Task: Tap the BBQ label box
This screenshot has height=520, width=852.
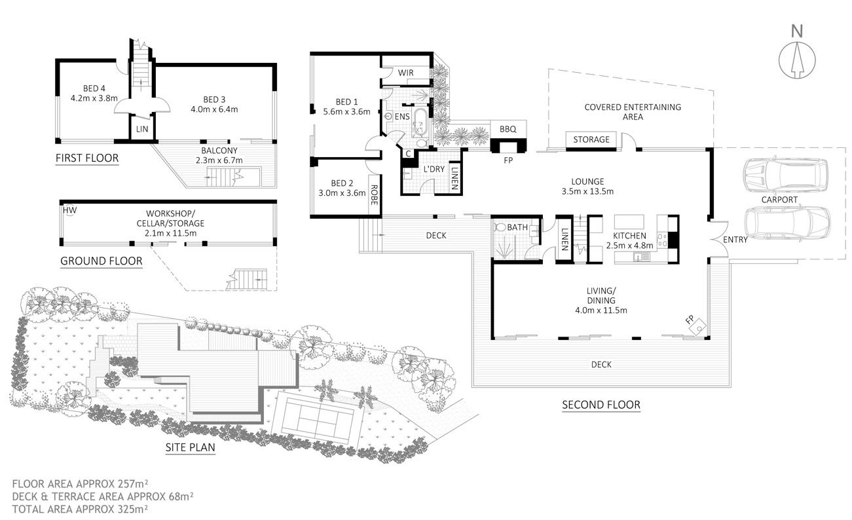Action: tap(508, 129)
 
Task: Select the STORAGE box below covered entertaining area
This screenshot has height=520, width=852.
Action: tap(591, 139)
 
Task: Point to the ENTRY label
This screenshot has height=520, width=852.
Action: tap(735, 240)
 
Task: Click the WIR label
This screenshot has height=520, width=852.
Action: tap(405, 71)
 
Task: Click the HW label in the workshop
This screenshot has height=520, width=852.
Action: tap(69, 210)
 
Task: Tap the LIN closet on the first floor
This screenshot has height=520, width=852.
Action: tap(141, 129)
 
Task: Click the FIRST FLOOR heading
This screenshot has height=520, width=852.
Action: tap(87, 158)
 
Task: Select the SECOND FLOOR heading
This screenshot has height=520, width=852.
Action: tap(601, 405)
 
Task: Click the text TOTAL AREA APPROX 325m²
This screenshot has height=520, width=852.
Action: tap(79, 508)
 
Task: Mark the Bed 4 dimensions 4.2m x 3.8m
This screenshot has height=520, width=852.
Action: tap(94, 100)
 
